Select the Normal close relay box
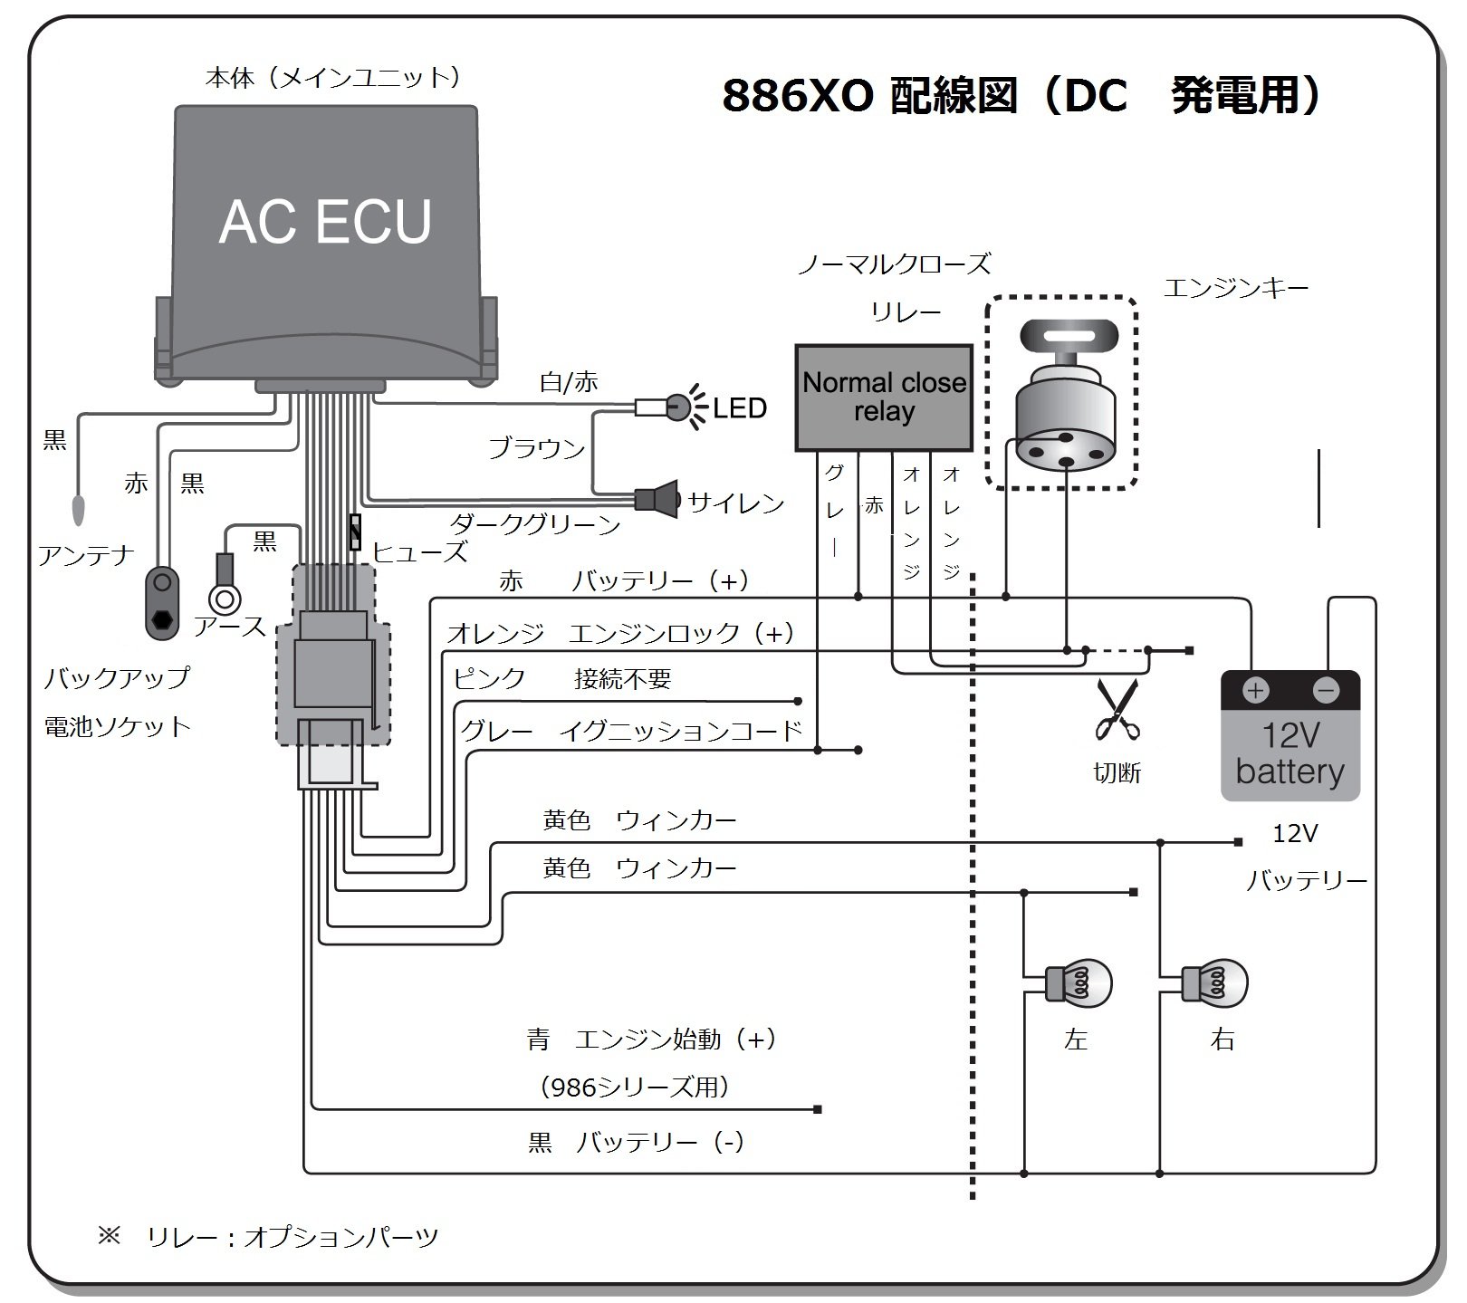coord(884,397)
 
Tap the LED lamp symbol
coord(678,407)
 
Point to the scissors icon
coord(1117,710)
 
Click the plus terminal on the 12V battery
coord(1255,692)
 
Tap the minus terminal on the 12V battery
coord(1326,692)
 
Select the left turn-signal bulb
coord(1078,983)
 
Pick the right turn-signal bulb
coord(1214,983)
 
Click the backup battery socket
coord(163,602)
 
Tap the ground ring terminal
coord(224,599)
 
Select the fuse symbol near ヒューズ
coord(355,532)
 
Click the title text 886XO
coord(798,96)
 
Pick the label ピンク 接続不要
coord(561,679)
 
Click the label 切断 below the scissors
coord(1117,772)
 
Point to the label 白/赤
coord(569,382)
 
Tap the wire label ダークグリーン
coord(535,524)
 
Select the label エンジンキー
coord(1235,289)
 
